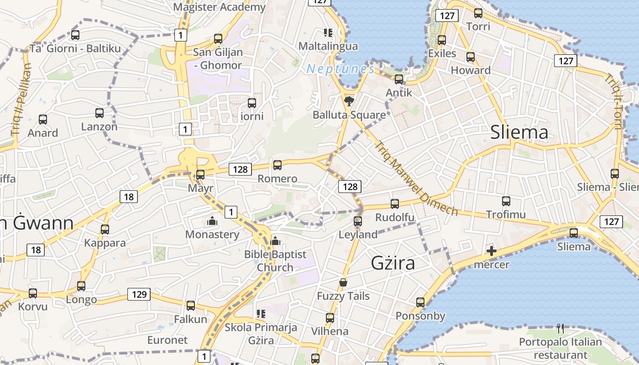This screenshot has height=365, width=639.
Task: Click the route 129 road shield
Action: tap(139, 294)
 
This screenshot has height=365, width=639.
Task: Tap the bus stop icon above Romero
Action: tap(277, 165)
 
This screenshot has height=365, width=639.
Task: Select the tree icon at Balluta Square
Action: tap(349, 101)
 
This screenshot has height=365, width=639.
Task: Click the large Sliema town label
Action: tap(519, 132)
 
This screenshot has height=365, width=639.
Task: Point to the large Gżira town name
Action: tap(393, 263)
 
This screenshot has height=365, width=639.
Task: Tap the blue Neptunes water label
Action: tap(340, 69)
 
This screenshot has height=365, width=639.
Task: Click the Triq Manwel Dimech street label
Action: tap(416, 178)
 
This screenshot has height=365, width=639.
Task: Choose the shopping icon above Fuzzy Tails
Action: tap(343, 283)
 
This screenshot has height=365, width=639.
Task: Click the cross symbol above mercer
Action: tap(492, 250)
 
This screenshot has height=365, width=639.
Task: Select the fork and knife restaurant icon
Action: tap(560, 328)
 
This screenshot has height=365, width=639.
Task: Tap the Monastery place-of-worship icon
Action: tap(212, 221)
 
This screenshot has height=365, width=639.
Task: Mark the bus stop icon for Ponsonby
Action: tap(420, 302)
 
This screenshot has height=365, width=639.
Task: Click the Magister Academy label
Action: tap(219, 7)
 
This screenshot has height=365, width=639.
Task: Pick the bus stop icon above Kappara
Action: tap(105, 229)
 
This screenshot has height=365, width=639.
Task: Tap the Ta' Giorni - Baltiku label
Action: tap(75, 48)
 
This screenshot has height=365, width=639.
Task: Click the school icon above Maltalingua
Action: tap(328, 32)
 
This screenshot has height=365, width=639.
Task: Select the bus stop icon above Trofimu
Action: tap(506, 201)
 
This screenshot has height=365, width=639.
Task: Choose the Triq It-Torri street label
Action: tap(614, 101)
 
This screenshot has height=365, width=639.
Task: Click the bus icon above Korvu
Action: tap(33, 293)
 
